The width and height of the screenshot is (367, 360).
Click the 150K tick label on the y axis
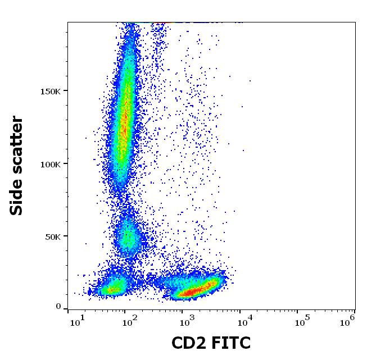pos(51,91)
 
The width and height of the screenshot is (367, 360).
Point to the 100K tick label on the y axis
pos(51,164)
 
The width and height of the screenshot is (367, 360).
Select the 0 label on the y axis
pos(58,307)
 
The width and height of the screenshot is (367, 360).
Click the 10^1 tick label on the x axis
pos(77,322)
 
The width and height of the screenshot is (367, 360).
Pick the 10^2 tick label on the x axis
pos(130,322)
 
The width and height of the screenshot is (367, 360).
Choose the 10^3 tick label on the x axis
pos(187,322)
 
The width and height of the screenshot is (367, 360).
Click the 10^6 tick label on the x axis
pos(348,322)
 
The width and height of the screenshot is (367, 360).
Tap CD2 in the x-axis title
pos(189,343)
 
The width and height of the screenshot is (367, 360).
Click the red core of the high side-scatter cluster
pos(124,121)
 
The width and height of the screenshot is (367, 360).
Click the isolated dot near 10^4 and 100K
pos(244,150)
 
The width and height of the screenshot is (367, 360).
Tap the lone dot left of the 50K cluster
pos(86,244)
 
